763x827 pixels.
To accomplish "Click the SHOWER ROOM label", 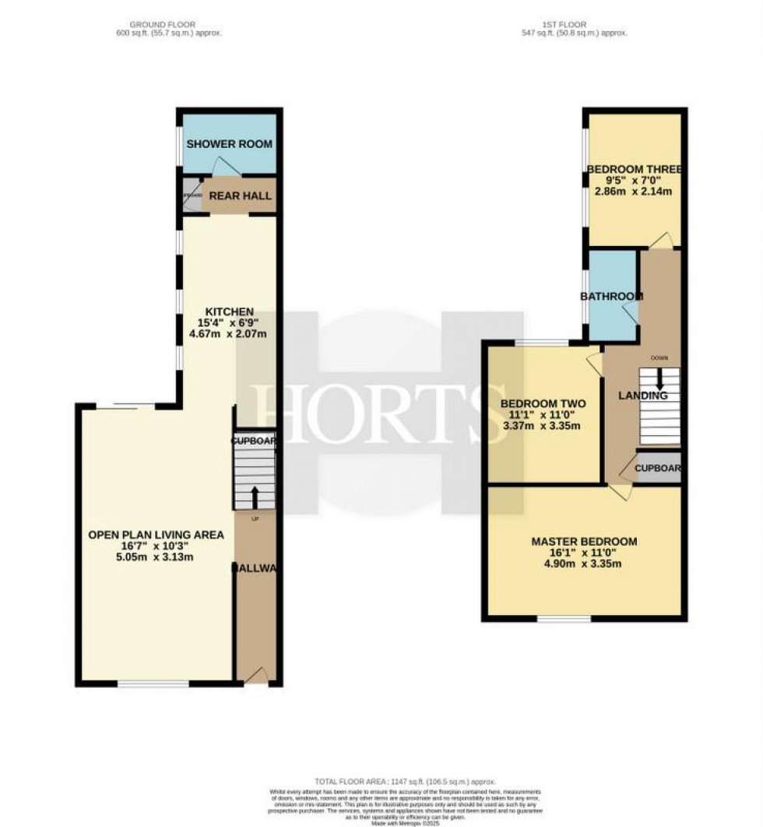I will click(229, 144).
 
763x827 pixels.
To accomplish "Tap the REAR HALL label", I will click(240, 195).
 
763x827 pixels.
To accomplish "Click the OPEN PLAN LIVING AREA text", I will click(156, 535).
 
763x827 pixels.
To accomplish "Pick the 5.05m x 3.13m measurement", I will click(156, 558).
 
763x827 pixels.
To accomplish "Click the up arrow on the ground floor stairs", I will click(255, 496).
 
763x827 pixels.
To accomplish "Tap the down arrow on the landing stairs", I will click(659, 380).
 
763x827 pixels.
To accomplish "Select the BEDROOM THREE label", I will click(635, 170).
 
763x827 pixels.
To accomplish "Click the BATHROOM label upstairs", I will click(612, 296).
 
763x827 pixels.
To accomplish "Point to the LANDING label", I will click(643, 396).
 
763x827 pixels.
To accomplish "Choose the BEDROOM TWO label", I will click(543, 403).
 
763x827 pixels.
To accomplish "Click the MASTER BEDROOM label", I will click(584, 541).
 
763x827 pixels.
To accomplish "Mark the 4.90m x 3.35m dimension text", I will click(584, 565).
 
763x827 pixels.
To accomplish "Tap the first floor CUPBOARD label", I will click(659, 469).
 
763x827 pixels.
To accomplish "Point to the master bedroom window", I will click(564, 620).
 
